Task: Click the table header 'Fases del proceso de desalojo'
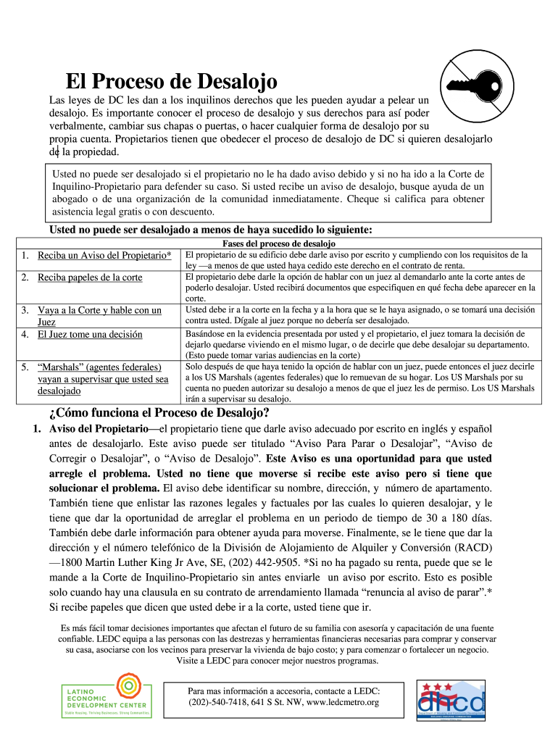tap(278, 243)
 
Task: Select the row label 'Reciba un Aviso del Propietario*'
tap(104, 256)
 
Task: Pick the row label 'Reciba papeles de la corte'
tap(90, 278)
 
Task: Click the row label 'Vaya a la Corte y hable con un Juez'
tap(99, 316)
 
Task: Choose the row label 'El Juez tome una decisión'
tap(90, 335)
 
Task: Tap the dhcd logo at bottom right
tap(451, 700)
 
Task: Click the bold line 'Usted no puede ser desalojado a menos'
tap(210, 230)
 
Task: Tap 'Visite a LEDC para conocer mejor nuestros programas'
tap(278, 661)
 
